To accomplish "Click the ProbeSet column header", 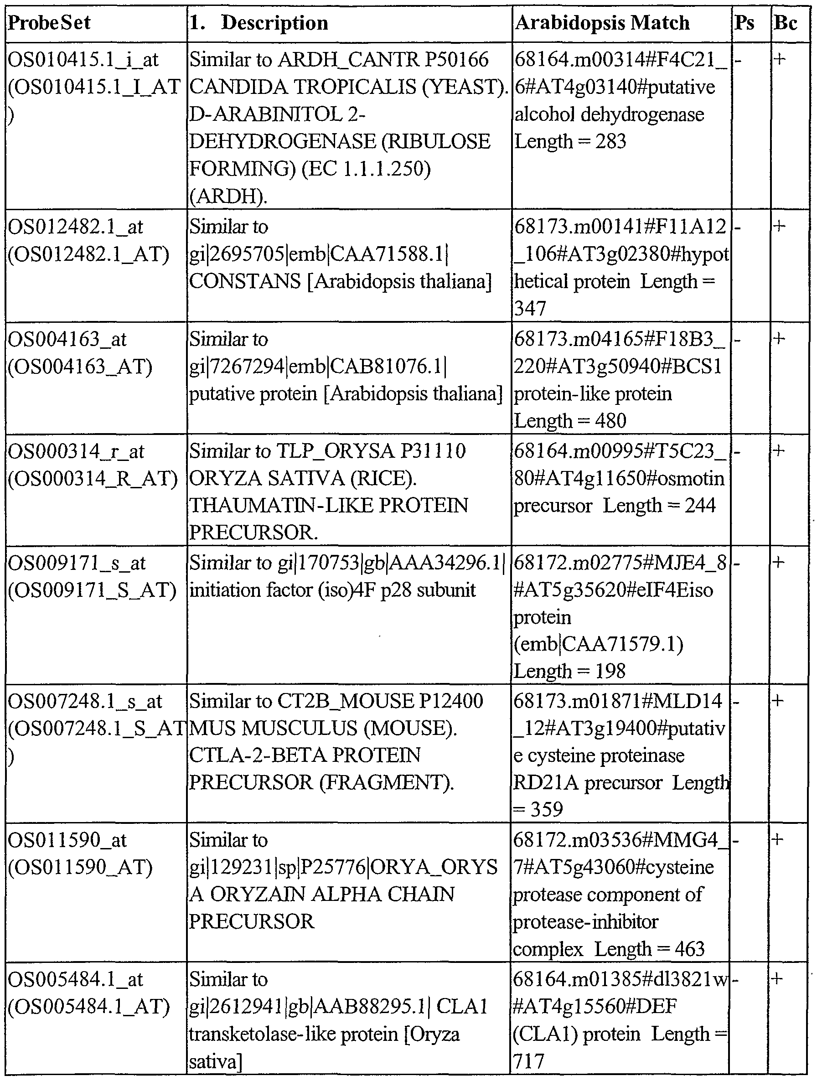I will (x=49, y=23).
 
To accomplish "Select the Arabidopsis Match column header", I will (x=602, y=23).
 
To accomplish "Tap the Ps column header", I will (x=744, y=23).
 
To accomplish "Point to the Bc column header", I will (x=785, y=23).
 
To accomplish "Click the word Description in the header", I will (x=274, y=23).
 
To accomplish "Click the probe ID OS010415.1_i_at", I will (x=83, y=60).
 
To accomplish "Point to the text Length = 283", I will (x=570, y=142).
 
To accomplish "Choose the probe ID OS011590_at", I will (x=67, y=840).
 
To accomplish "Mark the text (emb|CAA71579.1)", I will (x=598, y=645).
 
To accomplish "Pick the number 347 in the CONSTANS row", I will (x=530, y=309).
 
